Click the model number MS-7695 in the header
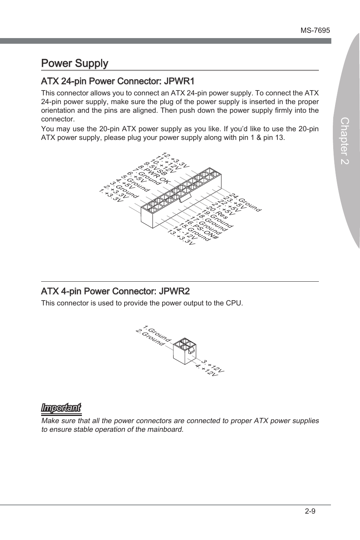click(x=315, y=31)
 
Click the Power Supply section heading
click(x=75, y=63)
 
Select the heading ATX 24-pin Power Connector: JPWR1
click(x=118, y=81)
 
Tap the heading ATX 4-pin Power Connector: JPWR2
click(x=115, y=291)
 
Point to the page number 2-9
click(x=310, y=511)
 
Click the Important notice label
click(x=61, y=408)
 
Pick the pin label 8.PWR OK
click(x=154, y=175)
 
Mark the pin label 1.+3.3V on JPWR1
click(x=111, y=195)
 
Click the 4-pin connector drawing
click(x=184, y=350)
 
